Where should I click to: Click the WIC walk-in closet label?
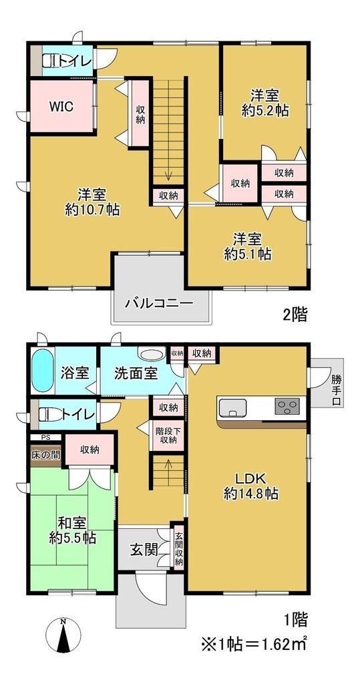tap(60, 106)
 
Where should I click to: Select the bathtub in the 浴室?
tap(42, 370)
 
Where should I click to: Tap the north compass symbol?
tap(63, 637)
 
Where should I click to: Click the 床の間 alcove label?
tap(45, 454)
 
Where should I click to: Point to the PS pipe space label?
tap(45, 437)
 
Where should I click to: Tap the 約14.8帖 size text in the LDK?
tap(251, 494)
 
